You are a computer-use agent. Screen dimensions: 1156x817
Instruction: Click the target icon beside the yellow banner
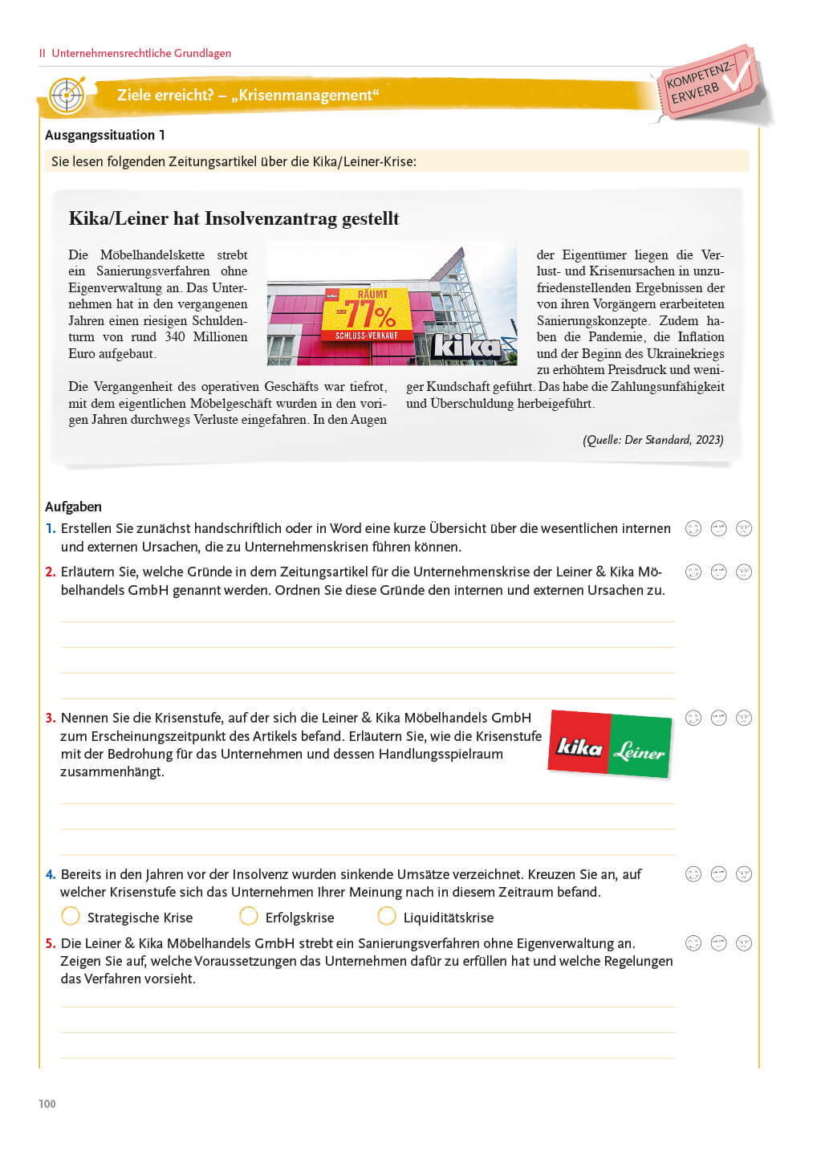(67, 96)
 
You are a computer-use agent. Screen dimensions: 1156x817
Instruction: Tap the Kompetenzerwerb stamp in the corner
(707, 84)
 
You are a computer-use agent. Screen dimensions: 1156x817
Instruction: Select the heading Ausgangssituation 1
(105, 135)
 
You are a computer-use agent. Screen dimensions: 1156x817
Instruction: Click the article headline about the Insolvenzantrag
(234, 218)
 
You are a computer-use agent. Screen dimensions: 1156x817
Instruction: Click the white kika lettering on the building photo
(467, 346)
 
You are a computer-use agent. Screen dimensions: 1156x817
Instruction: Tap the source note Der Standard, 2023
(652, 440)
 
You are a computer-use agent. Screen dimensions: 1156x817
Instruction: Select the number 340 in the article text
(175, 337)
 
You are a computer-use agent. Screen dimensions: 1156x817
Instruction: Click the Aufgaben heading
(73, 507)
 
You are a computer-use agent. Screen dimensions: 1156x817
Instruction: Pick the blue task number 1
(51, 528)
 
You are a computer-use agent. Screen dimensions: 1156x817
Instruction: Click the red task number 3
(51, 718)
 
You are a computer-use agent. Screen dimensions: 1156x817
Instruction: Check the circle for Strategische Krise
(71, 916)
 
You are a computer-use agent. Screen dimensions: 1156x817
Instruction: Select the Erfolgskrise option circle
(249, 916)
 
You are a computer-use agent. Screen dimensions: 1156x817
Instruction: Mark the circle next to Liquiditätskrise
(387, 916)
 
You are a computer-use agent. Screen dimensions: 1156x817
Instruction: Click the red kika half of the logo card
(579, 745)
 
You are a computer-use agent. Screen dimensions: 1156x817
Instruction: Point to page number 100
(47, 1104)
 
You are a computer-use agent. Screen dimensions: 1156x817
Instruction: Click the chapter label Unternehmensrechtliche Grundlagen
(141, 53)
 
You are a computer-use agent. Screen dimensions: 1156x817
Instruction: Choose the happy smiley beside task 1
(693, 528)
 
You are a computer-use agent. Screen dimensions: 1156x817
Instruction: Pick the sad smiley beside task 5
(744, 943)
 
